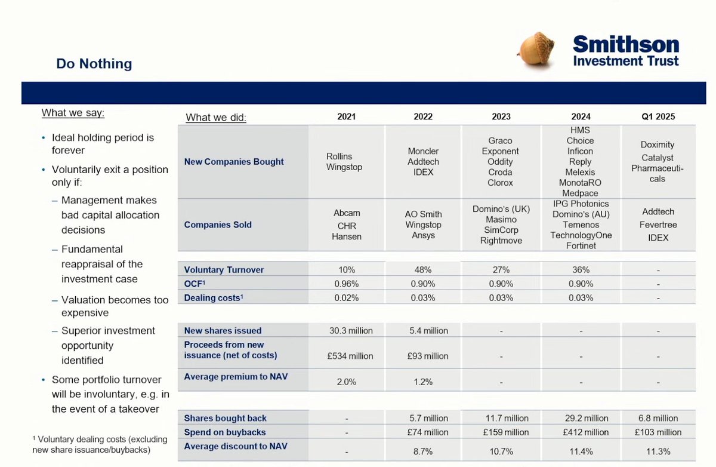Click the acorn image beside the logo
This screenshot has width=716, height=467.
535,50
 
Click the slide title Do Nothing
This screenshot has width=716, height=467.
94,63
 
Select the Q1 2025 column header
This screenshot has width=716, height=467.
658,117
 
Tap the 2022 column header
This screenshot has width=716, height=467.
423,117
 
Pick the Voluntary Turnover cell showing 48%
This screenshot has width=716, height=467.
423,270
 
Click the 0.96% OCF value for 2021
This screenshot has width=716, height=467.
346,284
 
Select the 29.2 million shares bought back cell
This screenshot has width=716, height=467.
580,418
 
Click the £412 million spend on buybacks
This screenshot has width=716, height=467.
580,432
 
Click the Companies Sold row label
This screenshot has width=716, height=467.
218,225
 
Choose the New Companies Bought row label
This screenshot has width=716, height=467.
234,161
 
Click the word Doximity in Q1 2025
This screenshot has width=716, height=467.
658,145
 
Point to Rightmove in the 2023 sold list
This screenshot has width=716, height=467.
501,241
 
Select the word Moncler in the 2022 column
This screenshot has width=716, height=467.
423,151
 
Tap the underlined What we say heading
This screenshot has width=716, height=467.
73,113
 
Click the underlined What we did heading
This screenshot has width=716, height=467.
216,118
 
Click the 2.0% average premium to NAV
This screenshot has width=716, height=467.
346,382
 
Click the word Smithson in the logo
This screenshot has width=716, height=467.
625,45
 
